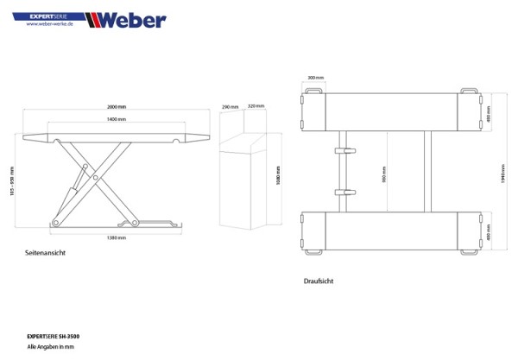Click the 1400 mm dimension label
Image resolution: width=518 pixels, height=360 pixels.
click(116, 118)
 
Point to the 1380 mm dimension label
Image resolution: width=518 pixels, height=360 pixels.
click(116, 237)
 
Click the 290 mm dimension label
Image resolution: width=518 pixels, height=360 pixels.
click(230, 107)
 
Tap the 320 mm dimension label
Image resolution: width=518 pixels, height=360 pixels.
click(256, 107)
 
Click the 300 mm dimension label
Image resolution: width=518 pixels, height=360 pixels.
click(313, 79)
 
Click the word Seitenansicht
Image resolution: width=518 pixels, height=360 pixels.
click(47, 253)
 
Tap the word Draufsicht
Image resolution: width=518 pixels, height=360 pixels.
click(319, 281)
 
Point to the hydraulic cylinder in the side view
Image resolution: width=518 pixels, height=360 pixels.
click(79, 183)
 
